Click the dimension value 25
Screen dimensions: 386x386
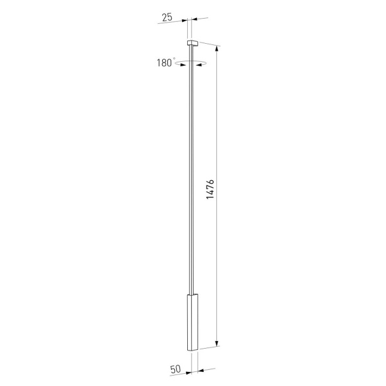pyautogui.click(x=167, y=17)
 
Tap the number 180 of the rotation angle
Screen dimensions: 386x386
pyautogui.click(x=163, y=63)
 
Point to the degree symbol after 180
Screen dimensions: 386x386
pyautogui.click(x=174, y=59)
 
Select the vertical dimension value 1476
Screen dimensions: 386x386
pyautogui.click(x=211, y=190)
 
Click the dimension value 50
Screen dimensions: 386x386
pyautogui.click(x=176, y=370)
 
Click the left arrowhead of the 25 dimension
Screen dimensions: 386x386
pyautogui.click(x=185, y=21)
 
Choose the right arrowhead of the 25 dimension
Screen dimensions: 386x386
pyautogui.click(x=194, y=20)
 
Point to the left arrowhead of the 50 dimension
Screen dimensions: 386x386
pyautogui.click(x=186, y=372)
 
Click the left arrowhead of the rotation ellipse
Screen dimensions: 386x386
pyautogui.click(x=179, y=62)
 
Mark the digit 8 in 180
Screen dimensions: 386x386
pyautogui.click(x=163, y=63)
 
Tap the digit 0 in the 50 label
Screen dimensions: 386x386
pyautogui.click(x=179, y=370)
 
